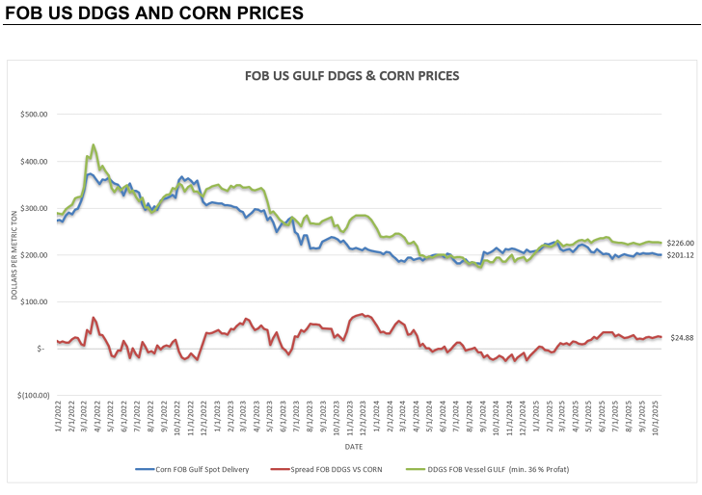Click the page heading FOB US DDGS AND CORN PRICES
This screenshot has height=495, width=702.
[x=154, y=13]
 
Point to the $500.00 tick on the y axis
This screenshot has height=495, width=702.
[x=36, y=115]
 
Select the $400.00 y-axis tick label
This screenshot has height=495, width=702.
[x=36, y=161]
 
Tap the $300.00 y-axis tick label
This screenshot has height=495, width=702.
[x=36, y=208]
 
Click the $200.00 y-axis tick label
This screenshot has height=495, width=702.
[x=36, y=255]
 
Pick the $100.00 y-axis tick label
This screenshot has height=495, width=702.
[x=36, y=301]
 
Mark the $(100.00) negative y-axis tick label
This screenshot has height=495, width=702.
[x=35, y=395]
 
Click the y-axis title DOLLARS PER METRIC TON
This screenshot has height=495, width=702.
[x=15, y=255]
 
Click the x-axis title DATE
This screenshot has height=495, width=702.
[x=354, y=446]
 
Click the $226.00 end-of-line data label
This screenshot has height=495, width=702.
[x=681, y=243]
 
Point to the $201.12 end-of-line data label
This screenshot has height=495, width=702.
[x=681, y=254]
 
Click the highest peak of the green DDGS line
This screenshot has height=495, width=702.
[x=94, y=145]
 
